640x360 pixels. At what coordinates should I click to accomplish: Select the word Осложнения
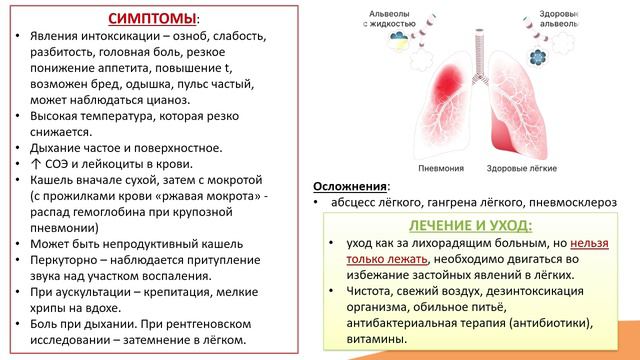click(x=349, y=185)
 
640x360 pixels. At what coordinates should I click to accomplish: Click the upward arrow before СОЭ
click(x=39, y=164)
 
